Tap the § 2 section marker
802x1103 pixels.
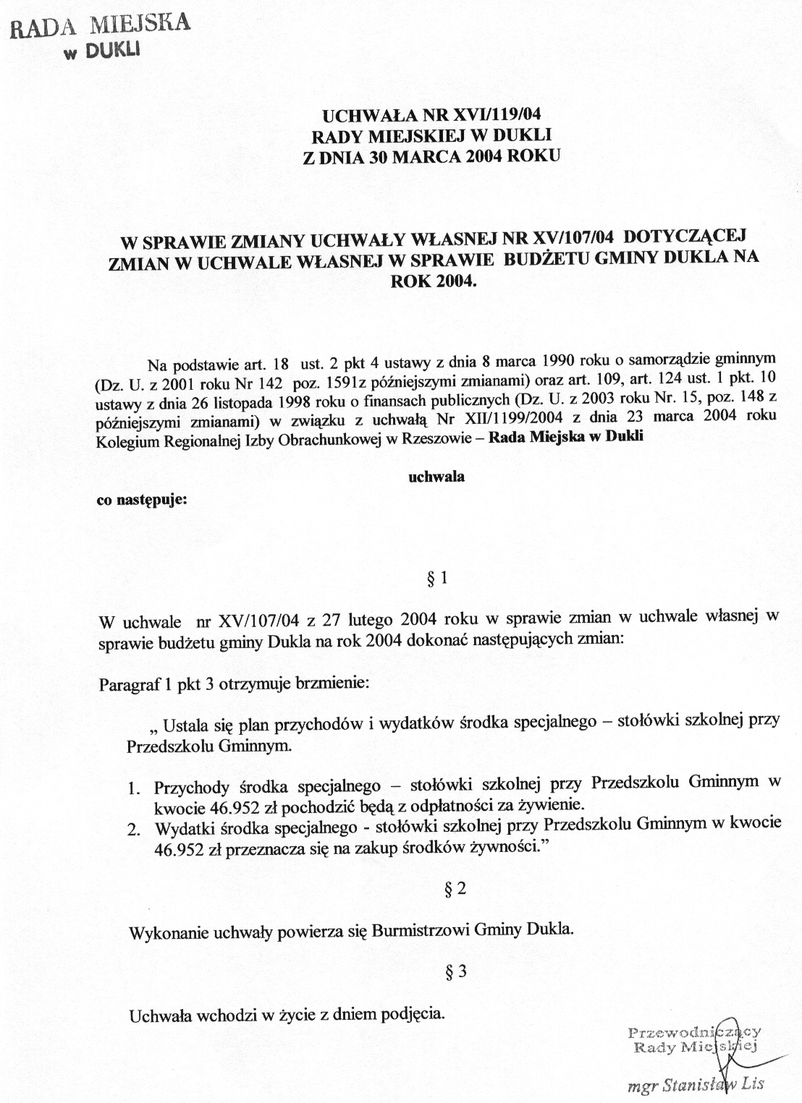455,889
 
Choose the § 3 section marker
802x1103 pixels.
455,972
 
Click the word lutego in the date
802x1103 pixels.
368,619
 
